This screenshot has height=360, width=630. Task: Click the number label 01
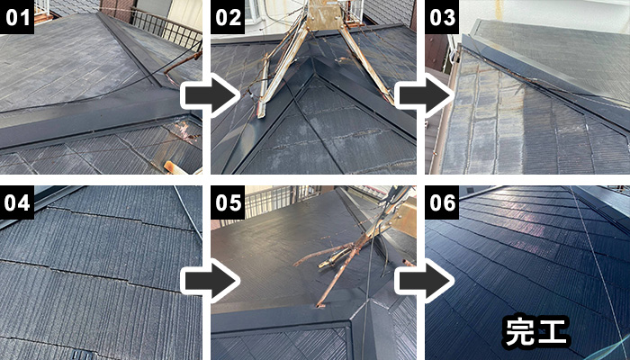point(17,17)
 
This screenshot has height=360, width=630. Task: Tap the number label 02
point(228,17)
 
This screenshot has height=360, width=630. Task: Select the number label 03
point(442,17)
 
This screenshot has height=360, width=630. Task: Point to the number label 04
point(17,202)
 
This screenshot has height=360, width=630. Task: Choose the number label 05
point(228,202)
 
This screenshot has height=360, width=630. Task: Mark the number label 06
point(442,202)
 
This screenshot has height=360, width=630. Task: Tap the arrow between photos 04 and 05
point(209,281)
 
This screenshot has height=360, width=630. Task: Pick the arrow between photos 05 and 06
point(423,281)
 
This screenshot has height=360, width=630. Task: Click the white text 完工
point(536,331)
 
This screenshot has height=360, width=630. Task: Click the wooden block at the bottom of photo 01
point(176,167)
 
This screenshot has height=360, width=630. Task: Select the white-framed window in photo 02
point(251,11)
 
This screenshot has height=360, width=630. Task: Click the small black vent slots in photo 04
point(83,355)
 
